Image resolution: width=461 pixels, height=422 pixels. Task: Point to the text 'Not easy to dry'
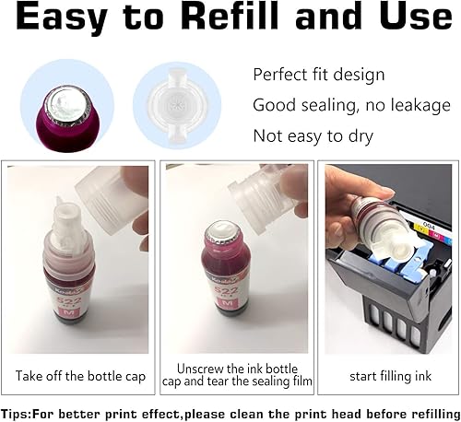(x=314, y=136)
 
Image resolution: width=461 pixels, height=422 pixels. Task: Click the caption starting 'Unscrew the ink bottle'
(x=236, y=368)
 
